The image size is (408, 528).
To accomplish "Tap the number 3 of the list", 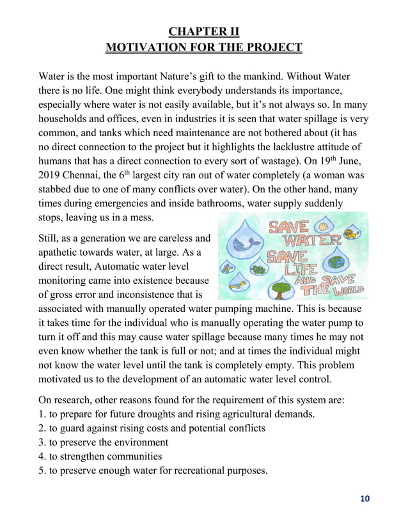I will [x=43, y=442].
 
